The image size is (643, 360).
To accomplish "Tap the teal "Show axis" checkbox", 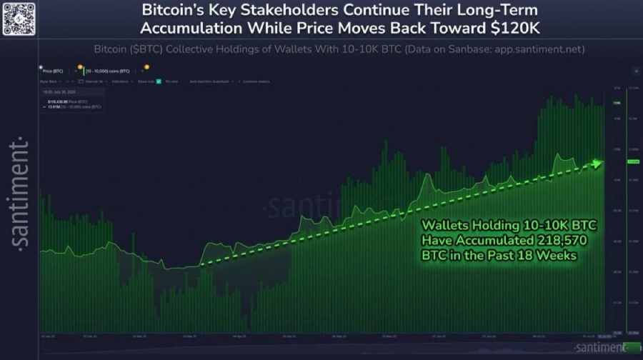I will pos(159,81).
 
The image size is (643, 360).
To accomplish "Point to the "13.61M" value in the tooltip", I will pos(51,106).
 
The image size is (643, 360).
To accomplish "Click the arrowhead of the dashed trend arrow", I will pos(597,164).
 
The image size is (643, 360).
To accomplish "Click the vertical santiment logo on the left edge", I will pos(20,193).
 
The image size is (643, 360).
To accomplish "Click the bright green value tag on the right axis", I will pos(632,161).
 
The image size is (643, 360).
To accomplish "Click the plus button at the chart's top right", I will pos(636,72).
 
